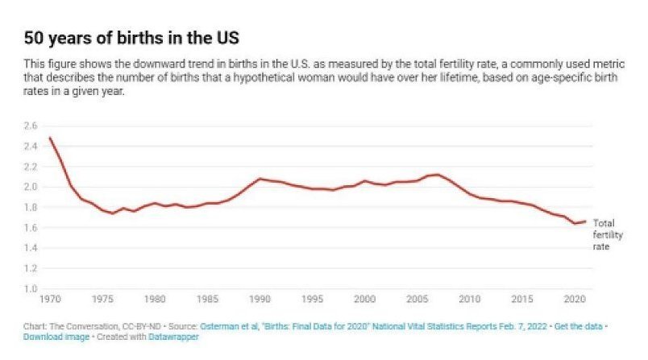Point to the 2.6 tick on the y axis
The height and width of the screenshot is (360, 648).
(31, 126)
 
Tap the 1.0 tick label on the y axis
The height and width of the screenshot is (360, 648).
(31, 288)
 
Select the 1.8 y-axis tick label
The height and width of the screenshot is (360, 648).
(31, 207)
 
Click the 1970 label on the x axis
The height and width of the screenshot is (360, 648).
(50, 299)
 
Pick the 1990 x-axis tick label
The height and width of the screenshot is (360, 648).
(260, 299)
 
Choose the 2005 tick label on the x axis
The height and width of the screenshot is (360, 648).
(417, 299)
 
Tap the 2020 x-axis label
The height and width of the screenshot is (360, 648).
(574, 299)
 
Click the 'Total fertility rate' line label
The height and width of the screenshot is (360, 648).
(604, 234)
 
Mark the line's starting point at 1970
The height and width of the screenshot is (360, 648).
(50, 138)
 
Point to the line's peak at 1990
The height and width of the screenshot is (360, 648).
(260, 179)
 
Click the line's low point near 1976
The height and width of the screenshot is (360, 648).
(113, 213)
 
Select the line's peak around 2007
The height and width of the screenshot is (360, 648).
(438, 174)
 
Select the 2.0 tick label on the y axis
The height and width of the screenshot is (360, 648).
(31, 187)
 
